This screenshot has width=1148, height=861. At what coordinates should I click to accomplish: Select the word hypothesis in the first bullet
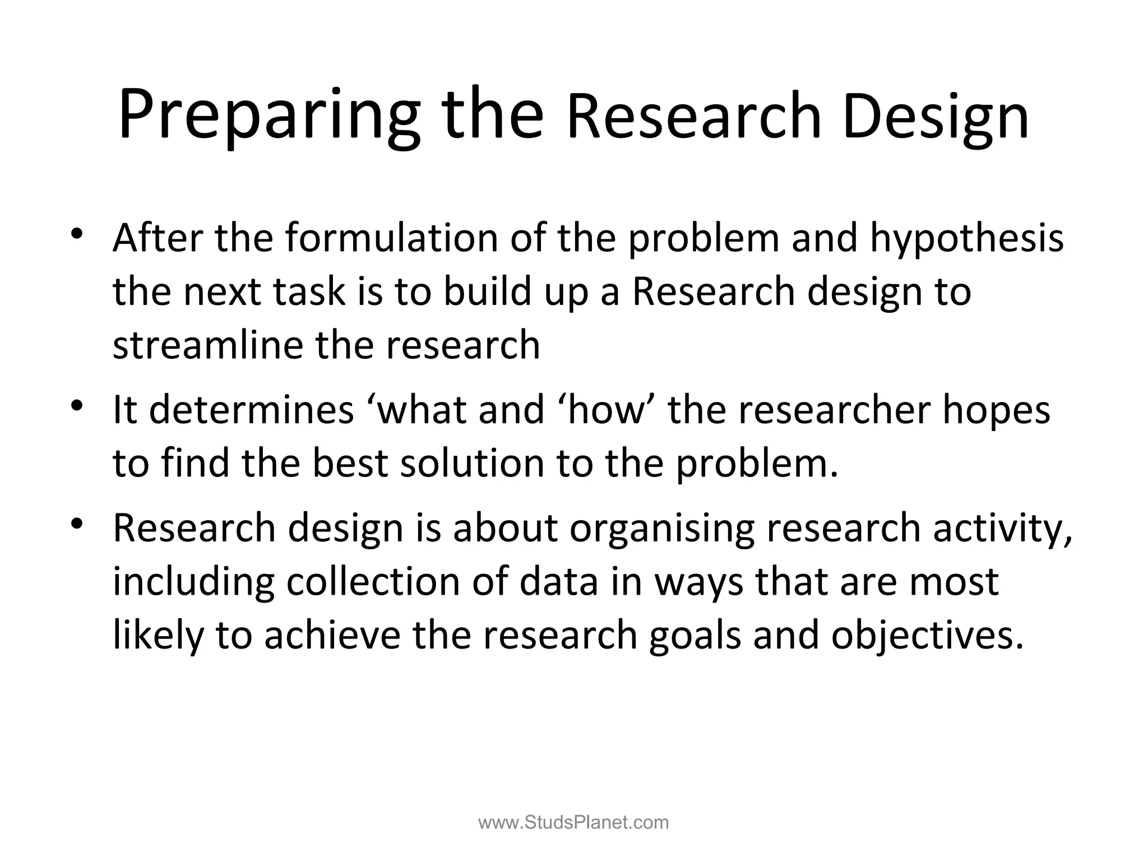tap(966, 239)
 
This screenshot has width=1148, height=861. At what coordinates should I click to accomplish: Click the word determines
tap(252, 410)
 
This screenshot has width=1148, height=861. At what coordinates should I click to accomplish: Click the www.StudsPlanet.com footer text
tap(573, 823)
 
